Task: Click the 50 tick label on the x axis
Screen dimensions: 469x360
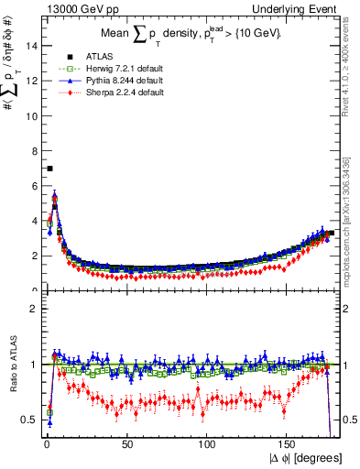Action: click(127, 445)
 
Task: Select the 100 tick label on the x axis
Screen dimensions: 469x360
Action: click(208, 445)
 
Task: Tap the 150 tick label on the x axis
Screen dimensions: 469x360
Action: click(289, 445)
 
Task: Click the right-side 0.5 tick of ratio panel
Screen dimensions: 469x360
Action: click(348, 420)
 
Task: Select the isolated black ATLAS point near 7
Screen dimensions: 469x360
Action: click(49, 169)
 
